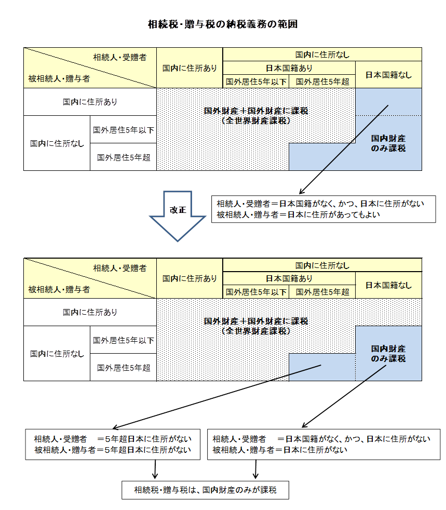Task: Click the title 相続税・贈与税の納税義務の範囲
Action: tap(223, 24)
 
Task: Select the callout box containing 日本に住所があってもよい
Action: tap(323, 209)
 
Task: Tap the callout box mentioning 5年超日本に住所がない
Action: tap(113, 444)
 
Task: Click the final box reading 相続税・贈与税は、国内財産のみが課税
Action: tap(205, 490)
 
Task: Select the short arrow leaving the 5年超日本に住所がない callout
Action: tap(154, 469)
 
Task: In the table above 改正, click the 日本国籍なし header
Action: tap(388, 74)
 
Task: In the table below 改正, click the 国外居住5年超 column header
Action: tap(322, 292)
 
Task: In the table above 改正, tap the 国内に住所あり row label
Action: tap(90, 102)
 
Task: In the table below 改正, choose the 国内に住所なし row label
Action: tap(57, 354)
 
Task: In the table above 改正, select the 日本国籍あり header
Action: tap(289, 68)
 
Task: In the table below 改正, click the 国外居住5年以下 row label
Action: tap(123, 340)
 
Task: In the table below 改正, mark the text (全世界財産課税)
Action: tap(256, 330)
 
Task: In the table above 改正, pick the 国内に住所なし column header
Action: tap(322, 54)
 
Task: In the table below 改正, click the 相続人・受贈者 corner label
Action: tap(120, 268)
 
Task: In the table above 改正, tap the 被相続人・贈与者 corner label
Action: tap(59, 79)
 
